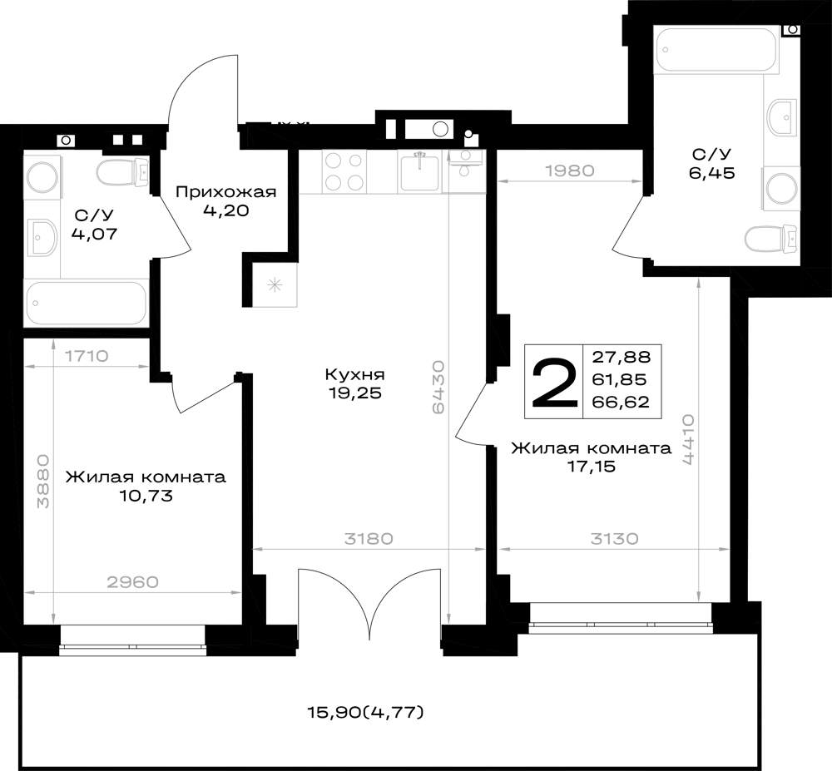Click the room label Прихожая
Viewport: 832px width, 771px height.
pos(226,191)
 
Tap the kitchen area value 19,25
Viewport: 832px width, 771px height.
pos(354,393)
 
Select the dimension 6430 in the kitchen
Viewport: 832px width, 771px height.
pos(438,387)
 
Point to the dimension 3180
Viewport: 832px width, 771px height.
pos(369,539)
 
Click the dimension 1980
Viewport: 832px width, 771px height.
pos(570,171)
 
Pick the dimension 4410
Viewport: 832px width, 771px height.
pos(688,440)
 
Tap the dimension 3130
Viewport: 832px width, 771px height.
pos(615,539)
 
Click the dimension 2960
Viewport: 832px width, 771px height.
pos(132,582)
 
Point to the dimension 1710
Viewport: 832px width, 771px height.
pos(87,356)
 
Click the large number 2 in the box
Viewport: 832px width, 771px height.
pos(554,382)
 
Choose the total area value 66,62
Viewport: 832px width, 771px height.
pos(621,402)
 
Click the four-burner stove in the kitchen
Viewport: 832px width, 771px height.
pos(344,171)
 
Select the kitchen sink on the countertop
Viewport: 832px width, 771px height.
pos(419,171)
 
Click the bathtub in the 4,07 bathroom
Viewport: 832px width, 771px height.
pos(86,303)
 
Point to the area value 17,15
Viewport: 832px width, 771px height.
pos(591,467)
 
